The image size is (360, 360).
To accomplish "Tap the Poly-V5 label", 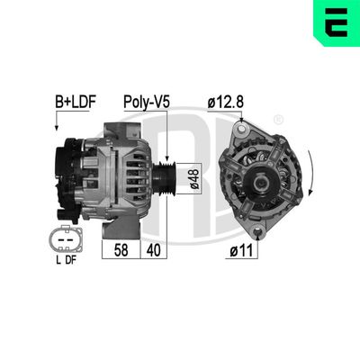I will (147, 103).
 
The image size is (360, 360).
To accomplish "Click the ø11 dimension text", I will (245, 251).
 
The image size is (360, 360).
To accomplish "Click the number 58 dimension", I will (119, 250).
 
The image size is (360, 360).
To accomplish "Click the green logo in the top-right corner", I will (335, 23).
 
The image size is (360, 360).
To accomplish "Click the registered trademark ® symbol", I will (278, 119).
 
